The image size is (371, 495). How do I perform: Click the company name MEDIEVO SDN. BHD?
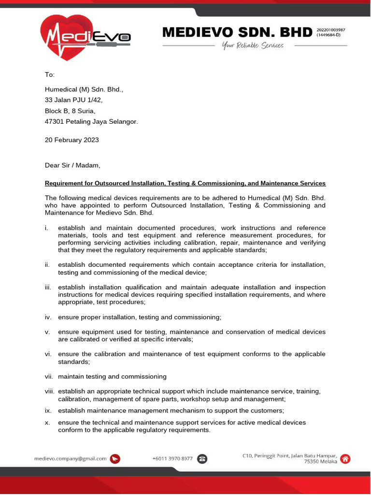point(237,32)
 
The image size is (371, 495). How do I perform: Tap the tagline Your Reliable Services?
point(253,45)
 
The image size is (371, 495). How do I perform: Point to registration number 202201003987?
point(331,30)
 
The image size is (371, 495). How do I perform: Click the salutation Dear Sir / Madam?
point(72,165)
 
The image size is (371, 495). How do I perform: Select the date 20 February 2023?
point(71,140)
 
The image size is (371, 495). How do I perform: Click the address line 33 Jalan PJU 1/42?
point(73,100)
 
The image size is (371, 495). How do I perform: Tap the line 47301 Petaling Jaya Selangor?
point(91,122)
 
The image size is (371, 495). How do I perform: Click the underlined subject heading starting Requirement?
point(185,183)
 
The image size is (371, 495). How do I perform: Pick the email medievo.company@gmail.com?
point(71,458)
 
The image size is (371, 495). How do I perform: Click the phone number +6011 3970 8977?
point(172,458)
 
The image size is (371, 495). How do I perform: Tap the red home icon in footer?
point(346,459)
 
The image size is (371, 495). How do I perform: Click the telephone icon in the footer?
point(202,459)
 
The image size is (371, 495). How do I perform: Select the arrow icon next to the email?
point(115,459)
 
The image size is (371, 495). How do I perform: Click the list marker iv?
point(48,317)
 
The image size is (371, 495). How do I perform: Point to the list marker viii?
point(50,391)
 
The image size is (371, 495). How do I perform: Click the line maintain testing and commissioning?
point(112,377)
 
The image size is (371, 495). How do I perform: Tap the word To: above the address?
point(50,75)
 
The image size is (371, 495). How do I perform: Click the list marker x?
point(47,422)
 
